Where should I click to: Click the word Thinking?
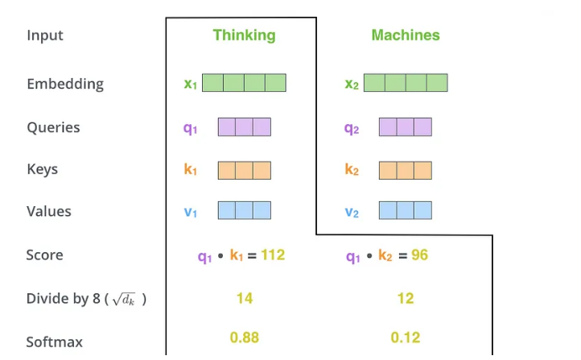coord(244,35)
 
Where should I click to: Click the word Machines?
coord(406,35)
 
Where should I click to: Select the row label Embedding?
coord(65,84)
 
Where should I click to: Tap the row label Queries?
coord(53,127)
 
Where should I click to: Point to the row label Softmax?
coord(55,342)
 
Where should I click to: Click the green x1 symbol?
coord(191,84)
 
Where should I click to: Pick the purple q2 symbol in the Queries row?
coord(352,129)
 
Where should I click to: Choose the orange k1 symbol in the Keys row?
coord(191,169)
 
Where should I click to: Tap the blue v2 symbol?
coord(352,213)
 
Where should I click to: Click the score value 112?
coord(273,255)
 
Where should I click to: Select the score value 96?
coord(419,255)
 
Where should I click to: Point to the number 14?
coord(245,299)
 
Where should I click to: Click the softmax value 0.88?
coord(245,337)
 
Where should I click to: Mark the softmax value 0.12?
coord(406,337)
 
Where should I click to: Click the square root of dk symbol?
coord(124,300)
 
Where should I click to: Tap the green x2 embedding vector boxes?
coord(406,83)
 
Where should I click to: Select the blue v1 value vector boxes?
coord(245,210)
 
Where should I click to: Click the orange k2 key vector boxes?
coord(406,171)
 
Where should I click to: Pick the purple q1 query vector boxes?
coord(245,126)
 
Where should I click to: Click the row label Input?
coord(45,35)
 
